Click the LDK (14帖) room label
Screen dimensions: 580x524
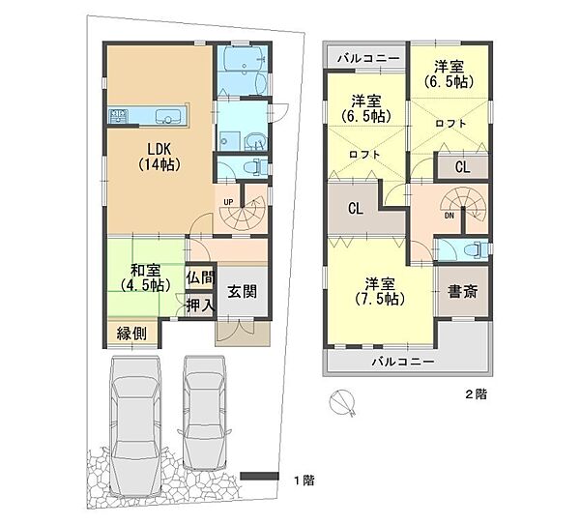159,157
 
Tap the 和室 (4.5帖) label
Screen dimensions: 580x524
145,277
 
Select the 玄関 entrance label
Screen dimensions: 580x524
242,291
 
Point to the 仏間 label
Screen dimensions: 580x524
200,277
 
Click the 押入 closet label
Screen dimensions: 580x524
200,306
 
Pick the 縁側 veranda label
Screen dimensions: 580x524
131,334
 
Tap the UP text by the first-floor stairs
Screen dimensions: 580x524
228,202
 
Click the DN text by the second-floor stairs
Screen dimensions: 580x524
449,216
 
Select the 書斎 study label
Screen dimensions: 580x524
462,291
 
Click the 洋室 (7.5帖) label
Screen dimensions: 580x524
380,291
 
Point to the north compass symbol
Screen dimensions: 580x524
342,402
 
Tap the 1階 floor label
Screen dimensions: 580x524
304,480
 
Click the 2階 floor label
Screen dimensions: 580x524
476,394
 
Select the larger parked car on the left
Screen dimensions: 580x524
136,426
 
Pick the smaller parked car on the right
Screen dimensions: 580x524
204,413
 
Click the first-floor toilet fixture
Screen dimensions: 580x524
255,166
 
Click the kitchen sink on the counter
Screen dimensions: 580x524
167,116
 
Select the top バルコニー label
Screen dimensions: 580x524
369,58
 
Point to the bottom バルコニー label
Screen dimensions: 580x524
403,361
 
